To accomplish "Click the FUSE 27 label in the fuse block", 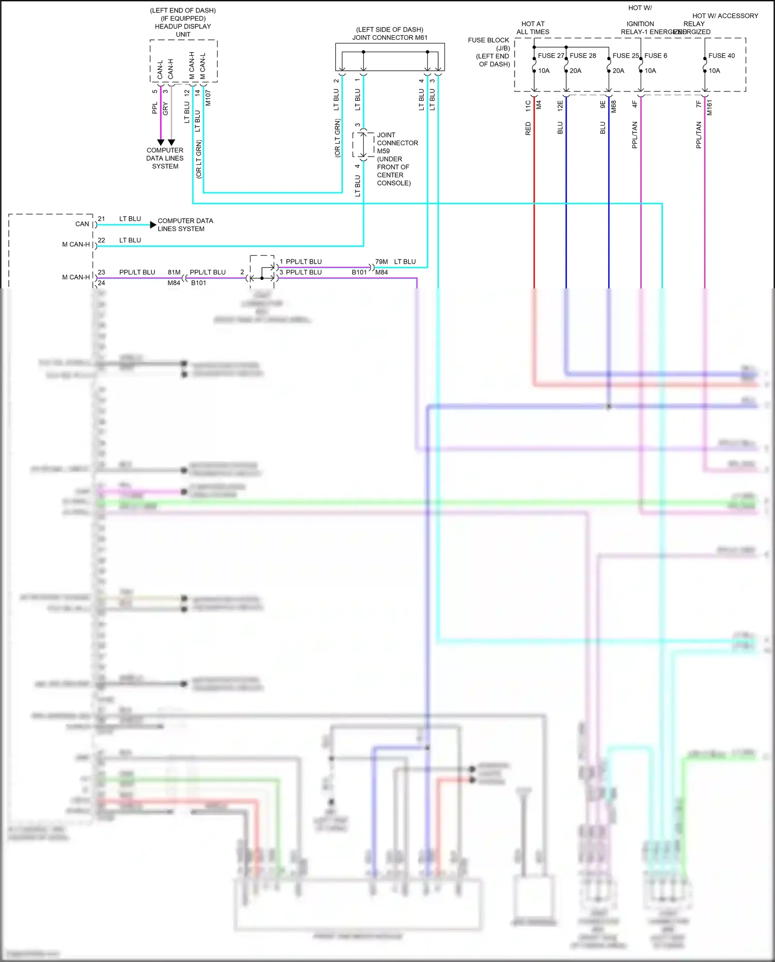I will [551, 56].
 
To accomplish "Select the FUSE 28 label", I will [583, 56].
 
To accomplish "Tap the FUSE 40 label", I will [721, 56].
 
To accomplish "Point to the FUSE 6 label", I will [656, 56].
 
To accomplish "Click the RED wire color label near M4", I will [528, 129].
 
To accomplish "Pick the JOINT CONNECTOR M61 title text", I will [390, 38].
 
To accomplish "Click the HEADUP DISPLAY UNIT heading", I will [183, 30].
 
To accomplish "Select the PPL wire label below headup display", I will [154, 108].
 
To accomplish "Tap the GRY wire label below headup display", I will [165, 109].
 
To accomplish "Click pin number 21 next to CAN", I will [101, 219].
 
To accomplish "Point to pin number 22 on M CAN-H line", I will [101, 240].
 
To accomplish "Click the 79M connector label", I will [381, 262].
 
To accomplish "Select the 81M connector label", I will [174, 272].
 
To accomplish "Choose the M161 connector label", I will [709, 108].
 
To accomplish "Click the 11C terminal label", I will [528, 106].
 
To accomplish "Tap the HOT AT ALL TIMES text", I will [533, 28].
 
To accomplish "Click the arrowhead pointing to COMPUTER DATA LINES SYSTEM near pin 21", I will [153, 225].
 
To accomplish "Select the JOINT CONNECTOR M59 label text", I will [397, 143].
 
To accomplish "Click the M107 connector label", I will [208, 98].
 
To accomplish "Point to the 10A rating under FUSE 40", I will [714, 71].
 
